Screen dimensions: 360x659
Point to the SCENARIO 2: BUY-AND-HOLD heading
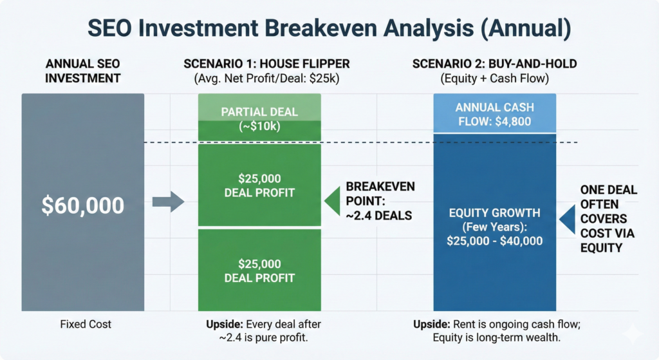pyautogui.click(x=494, y=65)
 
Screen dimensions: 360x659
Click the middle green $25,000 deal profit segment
pyautogui.click(x=259, y=185)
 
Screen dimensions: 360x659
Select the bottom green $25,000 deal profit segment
pyautogui.click(x=259, y=270)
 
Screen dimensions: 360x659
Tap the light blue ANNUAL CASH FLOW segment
pyautogui.click(x=494, y=114)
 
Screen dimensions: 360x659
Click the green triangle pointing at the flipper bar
pyautogui.click(x=332, y=201)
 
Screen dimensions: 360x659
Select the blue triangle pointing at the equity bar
pyautogui.click(x=567, y=219)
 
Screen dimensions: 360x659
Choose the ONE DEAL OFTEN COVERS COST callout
pyautogui.click(x=608, y=218)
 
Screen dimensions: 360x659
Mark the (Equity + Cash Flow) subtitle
pyautogui.click(x=494, y=80)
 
